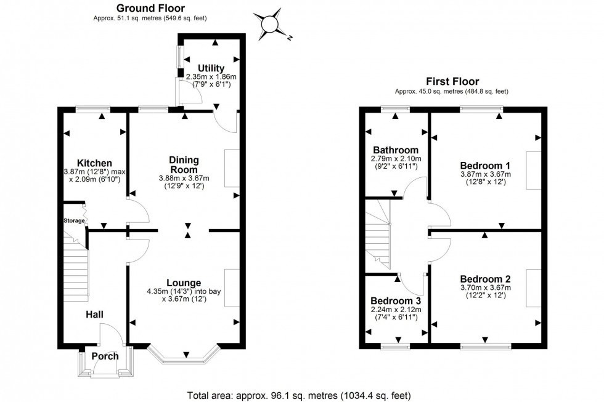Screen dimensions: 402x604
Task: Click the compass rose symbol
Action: [271, 24]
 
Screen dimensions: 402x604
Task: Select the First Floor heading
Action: [453, 81]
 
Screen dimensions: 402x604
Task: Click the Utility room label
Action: [211, 68]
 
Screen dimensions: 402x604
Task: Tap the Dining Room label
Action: [184, 165]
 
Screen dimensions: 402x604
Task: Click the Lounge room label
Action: [183, 283]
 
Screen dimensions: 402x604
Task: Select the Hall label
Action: [94, 315]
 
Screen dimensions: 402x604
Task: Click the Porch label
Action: [104, 356]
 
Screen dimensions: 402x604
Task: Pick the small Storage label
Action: [73, 220]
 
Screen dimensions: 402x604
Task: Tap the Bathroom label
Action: [395, 150]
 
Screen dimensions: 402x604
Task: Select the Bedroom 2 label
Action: [485, 279]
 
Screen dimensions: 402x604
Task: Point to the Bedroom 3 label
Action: [395, 301]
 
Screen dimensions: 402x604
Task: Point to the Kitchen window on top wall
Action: [93, 110]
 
